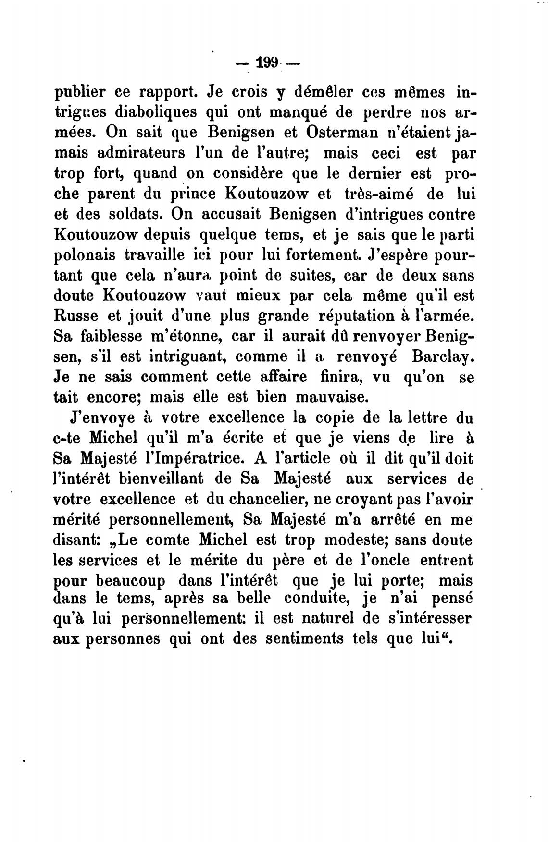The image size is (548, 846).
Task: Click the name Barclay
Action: coord(443,357)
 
